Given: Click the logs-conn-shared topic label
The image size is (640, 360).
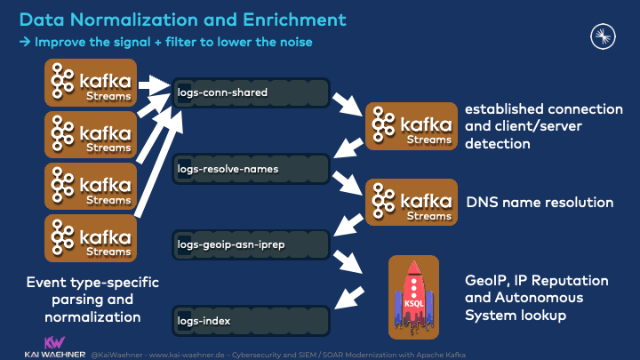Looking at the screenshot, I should (222, 92).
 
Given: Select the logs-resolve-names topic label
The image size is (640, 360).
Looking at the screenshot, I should (228, 167).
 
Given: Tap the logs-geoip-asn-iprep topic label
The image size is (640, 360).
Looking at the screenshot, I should (230, 241).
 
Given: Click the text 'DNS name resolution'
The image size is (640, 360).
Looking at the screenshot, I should (540, 203).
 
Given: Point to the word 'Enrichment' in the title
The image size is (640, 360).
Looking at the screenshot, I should (295, 18).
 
